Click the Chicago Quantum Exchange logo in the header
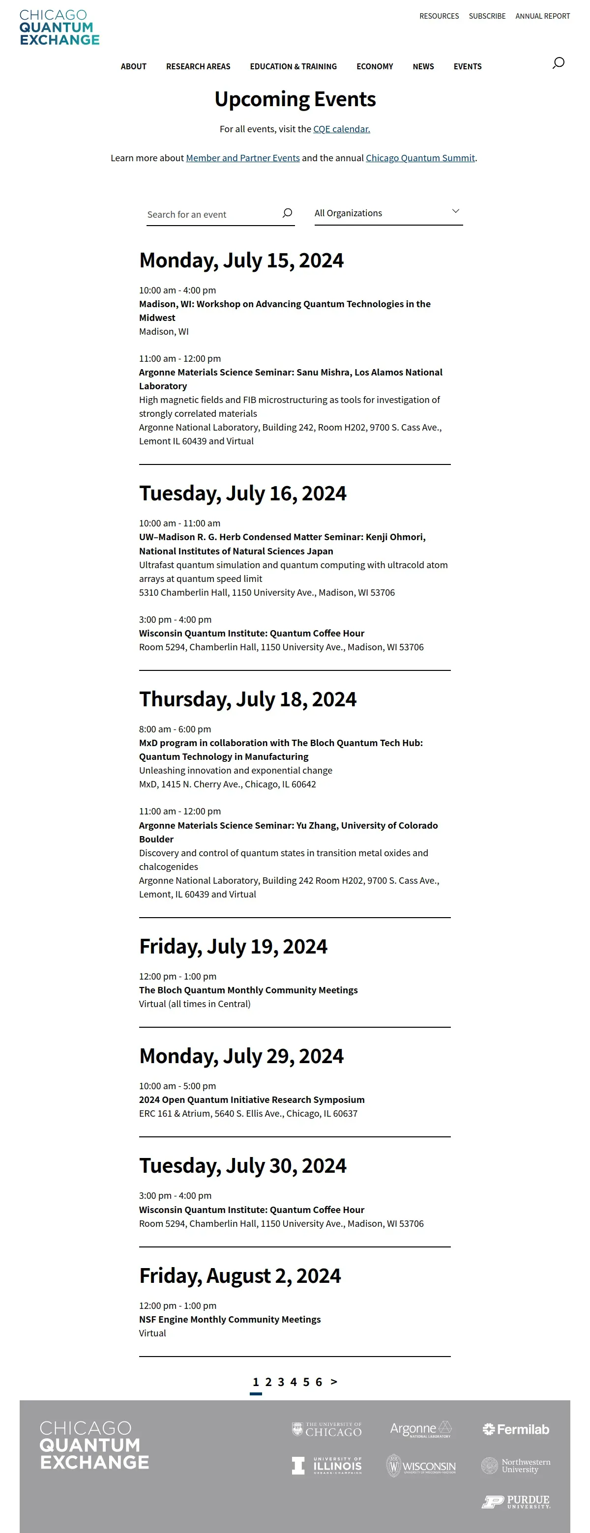(x=59, y=28)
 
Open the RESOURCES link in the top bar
(x=439, y=16)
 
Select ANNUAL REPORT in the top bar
(x=542, y=16)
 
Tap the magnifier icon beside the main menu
(x=558, y=63)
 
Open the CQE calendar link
(x=341, y=129)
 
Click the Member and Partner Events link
(x=242, y=158)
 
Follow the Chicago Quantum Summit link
(x=420, y=158)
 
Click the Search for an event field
(x=211, y=214)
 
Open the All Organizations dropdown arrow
(x=455, y=211)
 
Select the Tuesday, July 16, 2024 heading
(x=242, y=493)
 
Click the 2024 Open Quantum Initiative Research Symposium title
(x=251, y=1100)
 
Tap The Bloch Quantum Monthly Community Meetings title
(x=248, y=990)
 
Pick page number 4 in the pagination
(x=293, y=1382)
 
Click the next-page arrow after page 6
(x=333, y=1382)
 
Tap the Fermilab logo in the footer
(x=516, y=1429)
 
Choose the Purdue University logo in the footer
(x=516, y=1502)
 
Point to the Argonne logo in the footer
(x=420, y=1429)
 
